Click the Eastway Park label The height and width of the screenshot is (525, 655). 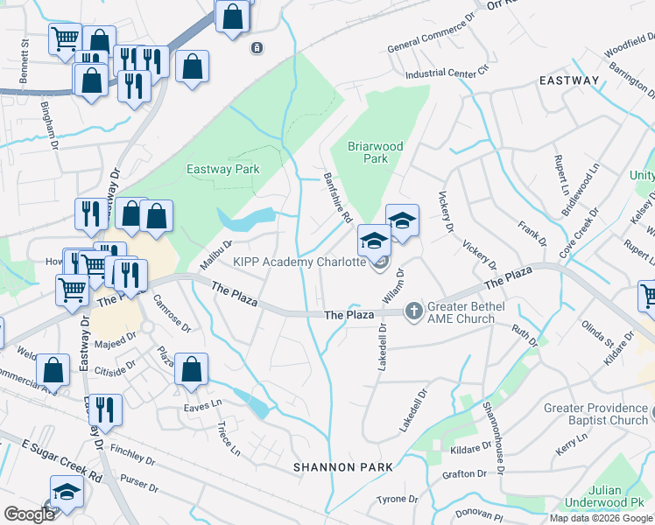pyautogui.click(x=222, y=170)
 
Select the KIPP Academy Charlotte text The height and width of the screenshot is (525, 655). pyautogui.click(x=299, y=262)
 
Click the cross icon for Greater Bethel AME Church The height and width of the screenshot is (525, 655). pyautogui.click(x=413, y=311)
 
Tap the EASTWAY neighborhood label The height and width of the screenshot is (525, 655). pyautogui.click(x=569, y=80)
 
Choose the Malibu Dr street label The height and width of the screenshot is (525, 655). pyautogui.click(x=215, y=255)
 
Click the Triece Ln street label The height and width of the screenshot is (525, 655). pyautogui.click(x=228, y=438)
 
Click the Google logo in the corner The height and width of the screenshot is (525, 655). pyautogui.click(x=29, y=514)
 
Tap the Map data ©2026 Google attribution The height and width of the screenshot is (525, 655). pyautogui.click(x=601, y=518)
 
